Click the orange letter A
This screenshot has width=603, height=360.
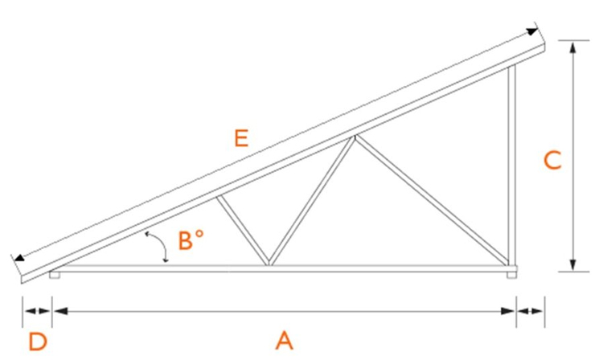284,340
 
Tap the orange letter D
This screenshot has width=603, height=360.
38,342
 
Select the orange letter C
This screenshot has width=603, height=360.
552,160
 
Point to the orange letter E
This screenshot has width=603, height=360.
241,138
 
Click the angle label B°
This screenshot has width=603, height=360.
191,240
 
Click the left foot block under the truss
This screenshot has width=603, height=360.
55,275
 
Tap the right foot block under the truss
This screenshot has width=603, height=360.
511,275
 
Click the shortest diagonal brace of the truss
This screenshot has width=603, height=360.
242,231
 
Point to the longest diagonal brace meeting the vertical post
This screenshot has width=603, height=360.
432,200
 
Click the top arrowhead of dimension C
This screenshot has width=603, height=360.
573,47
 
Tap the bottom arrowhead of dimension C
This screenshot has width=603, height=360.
573,264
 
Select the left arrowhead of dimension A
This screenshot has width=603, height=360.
60,311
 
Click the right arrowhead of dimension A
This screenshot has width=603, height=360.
507,311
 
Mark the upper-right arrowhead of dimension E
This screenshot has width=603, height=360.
532,31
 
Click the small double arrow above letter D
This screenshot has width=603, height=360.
37,311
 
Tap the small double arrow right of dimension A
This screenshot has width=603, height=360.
531,311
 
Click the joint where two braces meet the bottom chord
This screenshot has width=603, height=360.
269,264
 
